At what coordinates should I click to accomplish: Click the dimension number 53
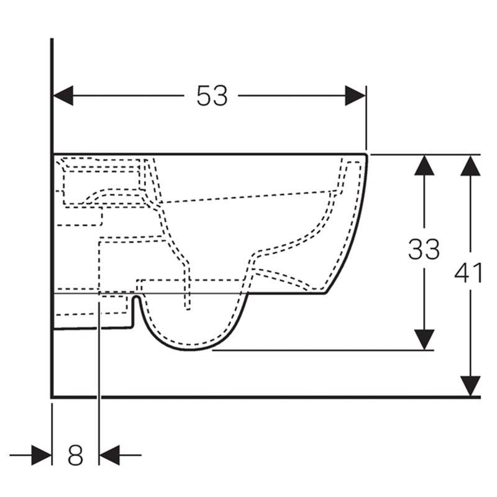[212, 96]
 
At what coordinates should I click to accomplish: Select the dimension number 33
[424, 249]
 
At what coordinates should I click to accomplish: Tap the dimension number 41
[468, 273]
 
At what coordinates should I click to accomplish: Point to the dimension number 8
[75, 455]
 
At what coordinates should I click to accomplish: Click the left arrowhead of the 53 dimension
[63, 96]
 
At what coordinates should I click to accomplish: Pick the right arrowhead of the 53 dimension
[355, 96]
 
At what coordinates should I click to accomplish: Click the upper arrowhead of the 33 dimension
[424, 165]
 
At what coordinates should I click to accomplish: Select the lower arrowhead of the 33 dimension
[424, 340]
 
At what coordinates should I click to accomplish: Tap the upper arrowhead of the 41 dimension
[470, 165]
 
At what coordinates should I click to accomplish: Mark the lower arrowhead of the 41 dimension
[470, 386]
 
